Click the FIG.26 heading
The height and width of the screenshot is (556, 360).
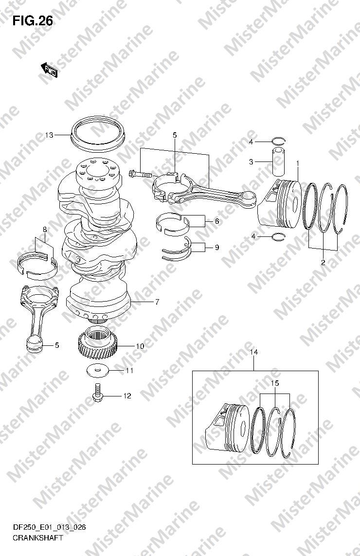coord(33,21)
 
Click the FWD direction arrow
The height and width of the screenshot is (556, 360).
coord(49,69)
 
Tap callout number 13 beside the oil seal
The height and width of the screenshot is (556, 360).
coord(49,135)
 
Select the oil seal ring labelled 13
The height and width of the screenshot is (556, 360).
coord(98,134)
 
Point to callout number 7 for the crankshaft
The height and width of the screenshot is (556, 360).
coord(157,302)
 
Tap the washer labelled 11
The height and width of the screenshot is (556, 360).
coord(97,371)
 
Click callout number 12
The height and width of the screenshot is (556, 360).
coord(127,396)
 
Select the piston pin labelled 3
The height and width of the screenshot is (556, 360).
coord(278,161)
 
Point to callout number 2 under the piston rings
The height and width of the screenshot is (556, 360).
coord(323,262)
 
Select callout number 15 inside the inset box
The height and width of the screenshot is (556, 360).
coord(275,383)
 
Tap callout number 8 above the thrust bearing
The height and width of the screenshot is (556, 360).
coord(45,230)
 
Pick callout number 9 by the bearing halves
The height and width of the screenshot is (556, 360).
coord(217,247)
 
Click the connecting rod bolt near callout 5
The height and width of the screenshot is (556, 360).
coord(141,174)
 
